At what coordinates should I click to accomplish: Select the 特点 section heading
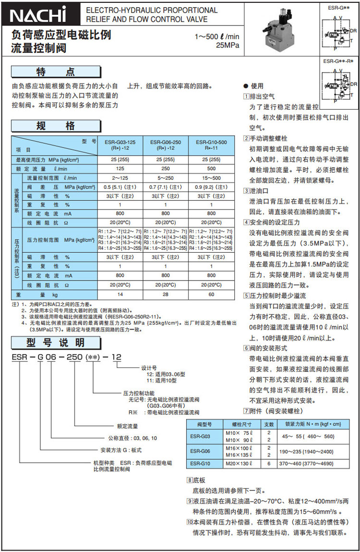[x=56, y=72]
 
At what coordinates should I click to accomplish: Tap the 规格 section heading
[x=56, y=126]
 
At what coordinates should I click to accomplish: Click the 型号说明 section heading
[x=56, y=343]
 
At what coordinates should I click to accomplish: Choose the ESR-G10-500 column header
[x=212, y=145]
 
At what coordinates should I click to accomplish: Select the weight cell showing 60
[x=212, y=294]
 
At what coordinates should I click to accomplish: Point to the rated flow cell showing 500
[x=212, y=169]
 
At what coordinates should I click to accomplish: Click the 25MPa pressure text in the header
[x=227, y=46]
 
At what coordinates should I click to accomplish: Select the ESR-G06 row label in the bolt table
[x=200, y=451]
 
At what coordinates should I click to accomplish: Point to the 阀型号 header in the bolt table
[x=200, y=424]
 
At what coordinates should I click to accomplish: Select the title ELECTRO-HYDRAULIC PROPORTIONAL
[x=151, y=10]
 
